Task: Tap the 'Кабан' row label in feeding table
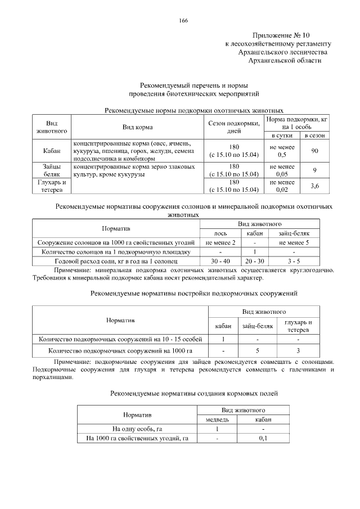pyautogui.click(x=52, y=150)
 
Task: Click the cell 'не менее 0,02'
pyautogui.click(x=282, y=186)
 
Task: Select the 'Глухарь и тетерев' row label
pyautogui.click(x=52, y=186)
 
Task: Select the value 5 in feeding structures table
pyautogui.click(x=257, y=352)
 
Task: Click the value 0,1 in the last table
pyautogui.click(x=263, y=439)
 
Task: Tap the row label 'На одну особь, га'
pyautogui.click(x=137, y=429)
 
